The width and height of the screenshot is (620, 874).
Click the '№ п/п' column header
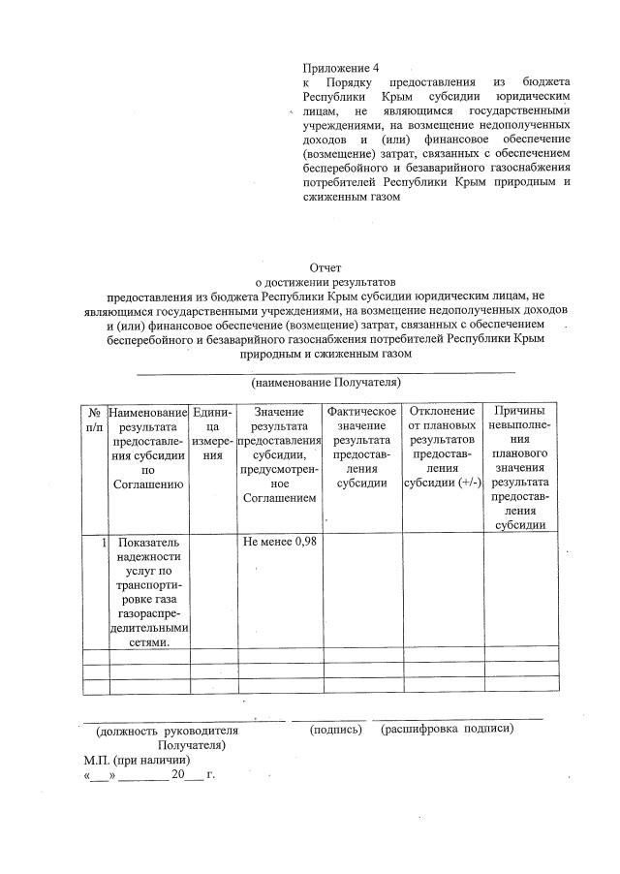pos(95,419)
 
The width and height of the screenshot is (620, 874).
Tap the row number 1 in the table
pos(102,541)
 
